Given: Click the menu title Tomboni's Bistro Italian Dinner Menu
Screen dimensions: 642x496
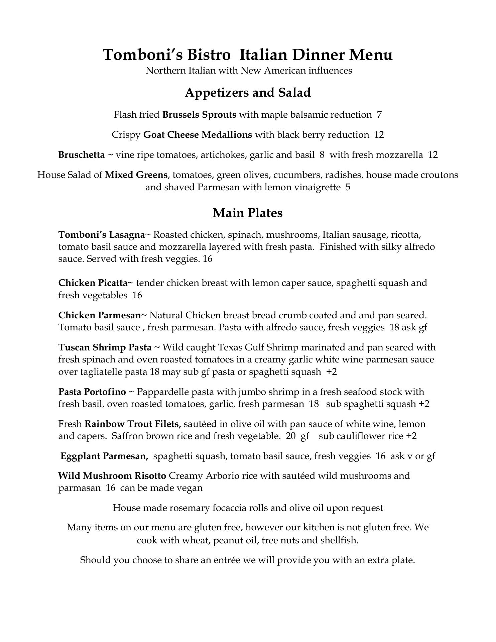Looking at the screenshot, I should tap(248, 55).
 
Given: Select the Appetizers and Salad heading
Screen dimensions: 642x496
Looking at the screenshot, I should tap(248, 93).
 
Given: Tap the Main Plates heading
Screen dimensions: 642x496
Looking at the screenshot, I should tap(248, 213).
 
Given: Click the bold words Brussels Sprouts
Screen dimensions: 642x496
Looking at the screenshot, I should tap(199, 115).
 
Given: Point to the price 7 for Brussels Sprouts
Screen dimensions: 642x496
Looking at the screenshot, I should tap(379, 115).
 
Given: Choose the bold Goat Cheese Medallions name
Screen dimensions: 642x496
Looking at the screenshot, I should tap(198, 135).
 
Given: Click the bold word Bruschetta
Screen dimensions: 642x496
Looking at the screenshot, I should tap(81, 155).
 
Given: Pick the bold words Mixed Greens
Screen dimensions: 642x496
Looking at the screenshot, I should tap(136, 175).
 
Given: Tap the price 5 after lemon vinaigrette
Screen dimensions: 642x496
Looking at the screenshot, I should tap(348, 187).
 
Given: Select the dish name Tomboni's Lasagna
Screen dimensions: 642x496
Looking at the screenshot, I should tap(101, 235).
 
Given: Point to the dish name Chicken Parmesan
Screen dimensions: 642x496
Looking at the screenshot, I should tap(99, 315).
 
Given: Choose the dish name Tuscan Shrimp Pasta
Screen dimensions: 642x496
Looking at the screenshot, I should tap(105, 347).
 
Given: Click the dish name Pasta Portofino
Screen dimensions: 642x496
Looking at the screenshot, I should tap(92, 392).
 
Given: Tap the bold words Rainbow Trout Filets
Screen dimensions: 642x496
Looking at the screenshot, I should tap(133, 424).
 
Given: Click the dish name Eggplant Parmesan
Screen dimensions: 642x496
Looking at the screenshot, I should tap(104, 456).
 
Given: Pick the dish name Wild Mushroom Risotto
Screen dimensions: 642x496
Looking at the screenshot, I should tap(112, 476).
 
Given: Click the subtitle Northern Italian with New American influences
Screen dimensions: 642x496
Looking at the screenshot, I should tap(249, 71).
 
